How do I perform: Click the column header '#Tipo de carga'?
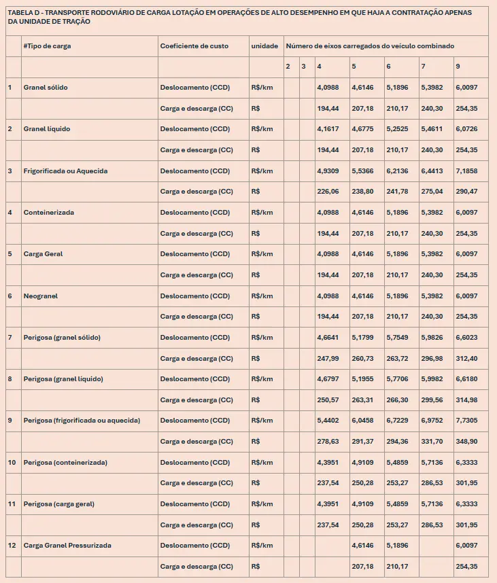47,46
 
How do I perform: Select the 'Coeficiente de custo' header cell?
194,46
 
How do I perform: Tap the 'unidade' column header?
264,46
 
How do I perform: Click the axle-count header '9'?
458,67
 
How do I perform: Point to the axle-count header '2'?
288,67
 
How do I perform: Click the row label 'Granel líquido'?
47,129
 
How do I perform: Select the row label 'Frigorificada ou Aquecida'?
65,171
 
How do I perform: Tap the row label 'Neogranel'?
41,296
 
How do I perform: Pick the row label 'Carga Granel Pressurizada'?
67,546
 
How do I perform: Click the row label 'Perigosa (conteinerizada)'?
65,463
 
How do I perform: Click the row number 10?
12,463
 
